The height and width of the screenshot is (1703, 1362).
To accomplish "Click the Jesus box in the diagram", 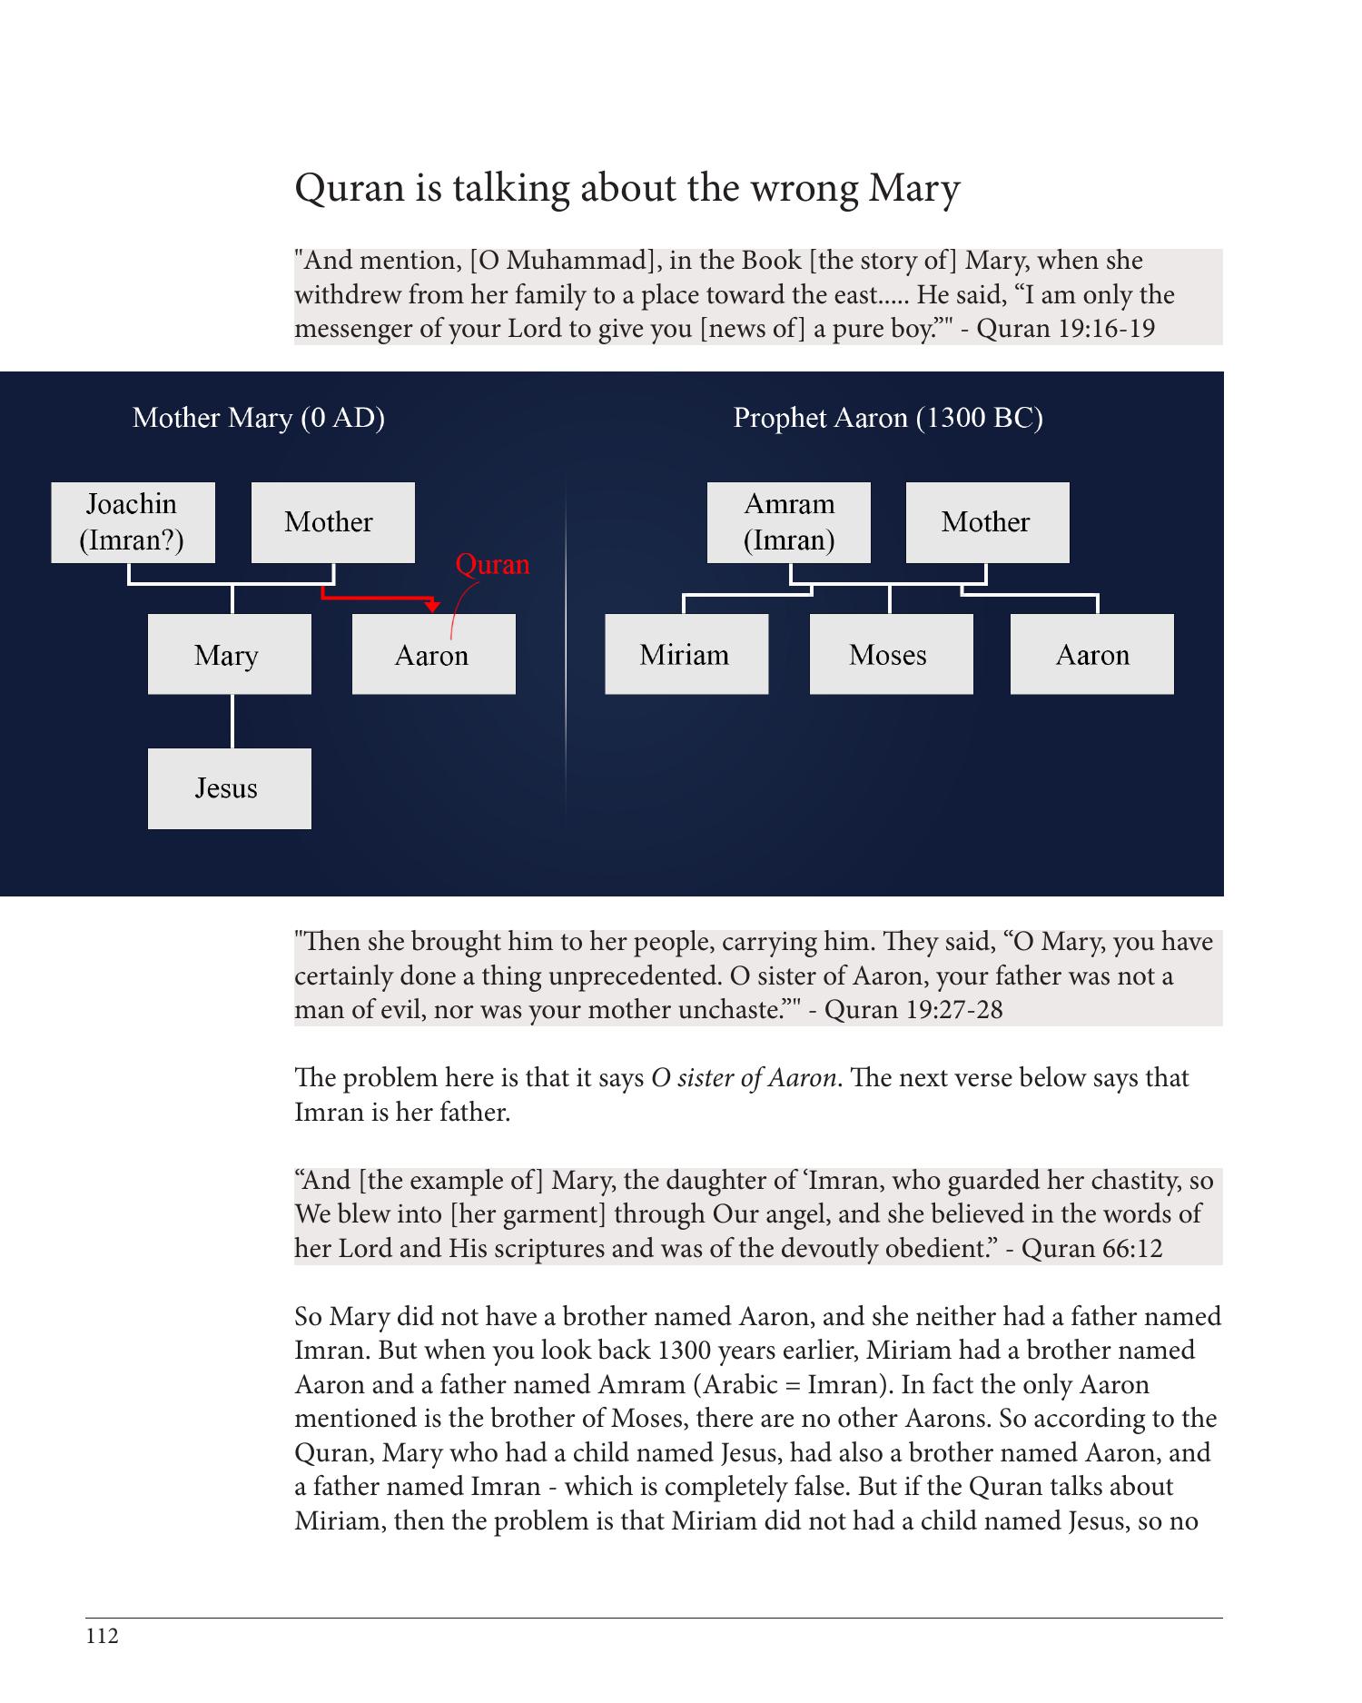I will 229,788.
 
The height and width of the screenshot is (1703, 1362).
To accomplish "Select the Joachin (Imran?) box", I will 133,522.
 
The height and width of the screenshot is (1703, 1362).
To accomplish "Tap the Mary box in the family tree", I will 229,654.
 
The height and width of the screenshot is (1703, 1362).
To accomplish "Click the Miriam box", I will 686,654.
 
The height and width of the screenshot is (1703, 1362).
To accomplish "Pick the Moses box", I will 891,654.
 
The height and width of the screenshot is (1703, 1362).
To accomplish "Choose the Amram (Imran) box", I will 788,522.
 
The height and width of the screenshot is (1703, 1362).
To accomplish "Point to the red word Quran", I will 492,565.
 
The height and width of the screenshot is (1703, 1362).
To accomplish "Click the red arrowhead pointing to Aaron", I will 433,606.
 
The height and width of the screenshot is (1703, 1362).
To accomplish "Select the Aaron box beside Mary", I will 433,654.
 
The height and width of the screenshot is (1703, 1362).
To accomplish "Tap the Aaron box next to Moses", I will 1091,654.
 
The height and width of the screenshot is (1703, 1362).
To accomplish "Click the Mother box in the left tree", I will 332,522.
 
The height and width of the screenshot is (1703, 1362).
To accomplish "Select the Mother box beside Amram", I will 987,522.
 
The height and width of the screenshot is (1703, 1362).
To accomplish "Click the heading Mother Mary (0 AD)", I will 259,418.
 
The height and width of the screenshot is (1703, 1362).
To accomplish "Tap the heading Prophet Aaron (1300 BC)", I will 888,418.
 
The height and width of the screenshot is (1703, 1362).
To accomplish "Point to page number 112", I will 103,1637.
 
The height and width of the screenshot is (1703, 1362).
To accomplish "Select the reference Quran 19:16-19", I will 1065,328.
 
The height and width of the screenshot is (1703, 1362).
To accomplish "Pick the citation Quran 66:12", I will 1092,1248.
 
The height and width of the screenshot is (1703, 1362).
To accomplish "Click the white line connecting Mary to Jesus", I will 232,721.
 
